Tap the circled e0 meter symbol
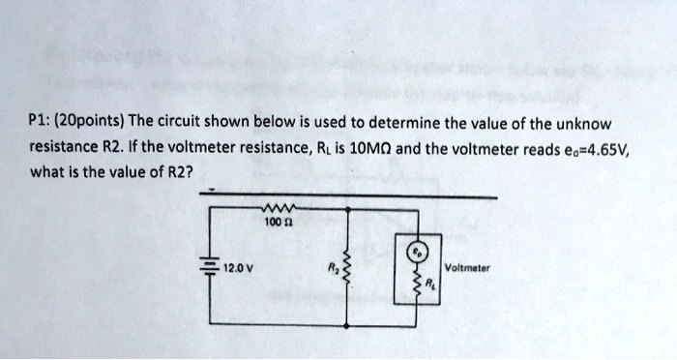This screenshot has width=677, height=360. tap(416, 250)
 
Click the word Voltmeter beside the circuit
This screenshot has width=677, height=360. tap(469, 267)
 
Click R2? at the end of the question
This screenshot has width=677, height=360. tap(176, 174)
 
